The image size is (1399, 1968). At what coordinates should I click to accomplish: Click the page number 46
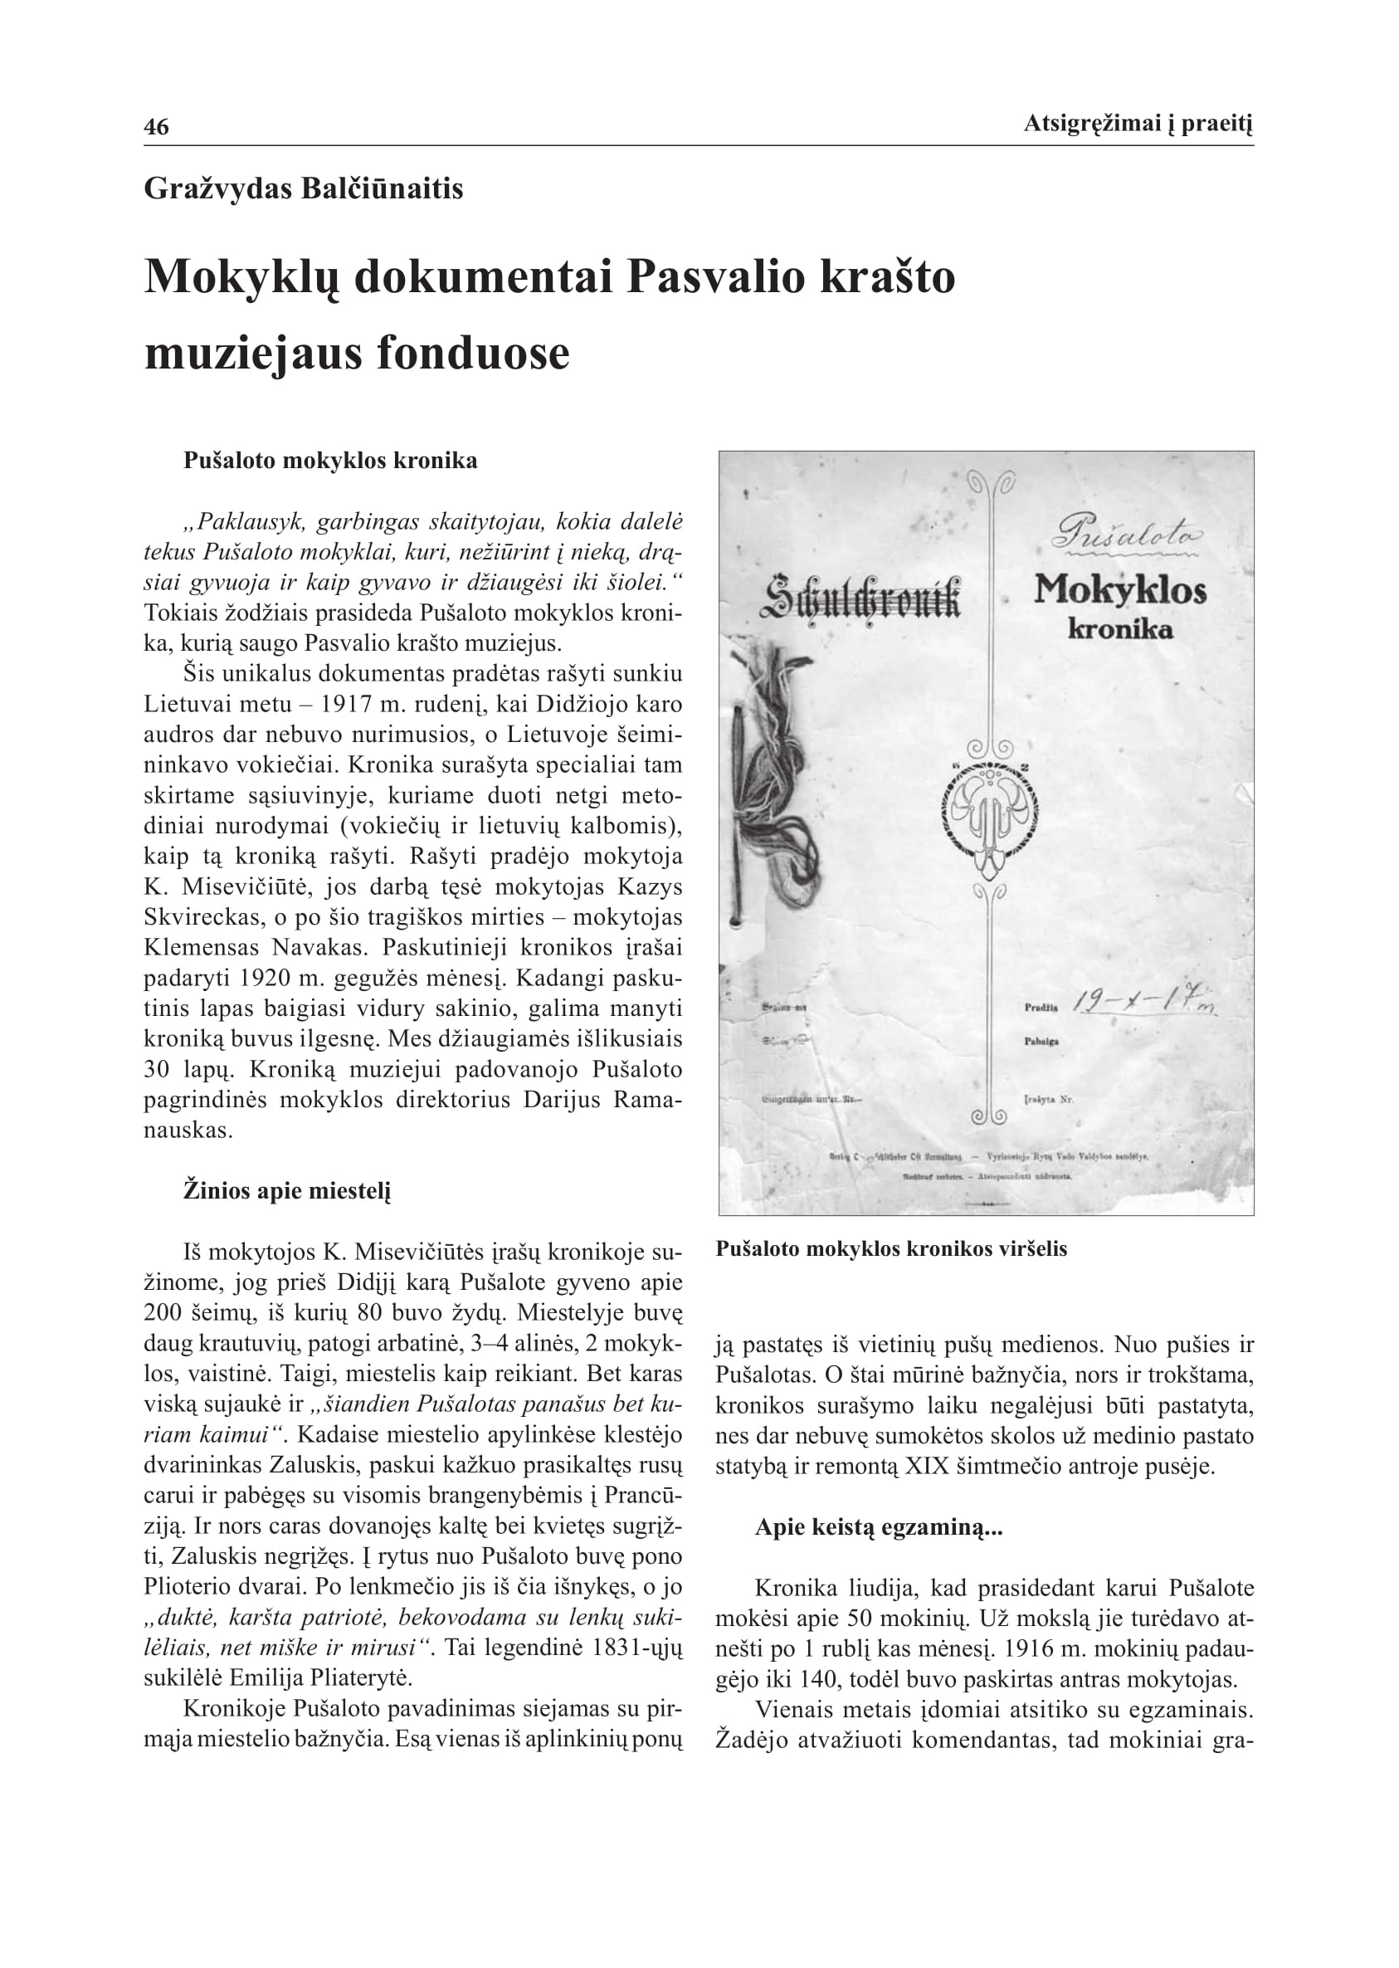coord(156,128)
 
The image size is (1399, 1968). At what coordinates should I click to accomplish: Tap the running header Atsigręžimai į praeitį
coord(1137,124)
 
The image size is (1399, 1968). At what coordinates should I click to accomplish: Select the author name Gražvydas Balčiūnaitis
coord(303,188)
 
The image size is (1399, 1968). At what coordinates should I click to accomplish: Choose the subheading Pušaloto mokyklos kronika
coord(330,461)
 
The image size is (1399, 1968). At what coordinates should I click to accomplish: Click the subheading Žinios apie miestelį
coord(287,1192)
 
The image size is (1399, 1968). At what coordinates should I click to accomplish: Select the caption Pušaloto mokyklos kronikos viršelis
coord(890,1248)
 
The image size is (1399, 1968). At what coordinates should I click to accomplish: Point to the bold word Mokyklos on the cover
coord(1120,590)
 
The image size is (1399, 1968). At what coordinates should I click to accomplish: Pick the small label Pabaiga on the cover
coord(1041,1041)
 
